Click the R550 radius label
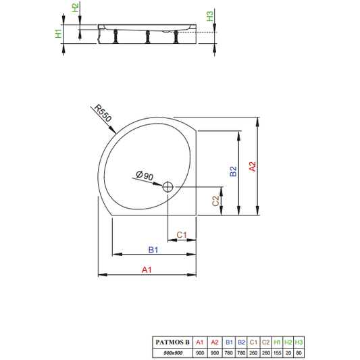pyautogui.click(x=103, y=113)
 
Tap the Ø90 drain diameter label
pyautogui.click(x=145, y=176)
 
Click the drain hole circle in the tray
pyautogui.click(x=168, y=186)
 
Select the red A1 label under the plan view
pyautogui.click(x=147, y=269)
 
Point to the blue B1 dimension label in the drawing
pyautogui.click(x=153, y=249)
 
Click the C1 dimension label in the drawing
pyautogui.click(x=182, y=235)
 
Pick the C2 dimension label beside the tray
pyautogui.click(x=215, y=201)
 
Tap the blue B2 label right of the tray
pyautogui.click(x=233, y=172)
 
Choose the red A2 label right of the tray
pyautogui.click(x=253, y=166)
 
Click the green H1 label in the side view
pyautogui.click(x=59, y=34)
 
